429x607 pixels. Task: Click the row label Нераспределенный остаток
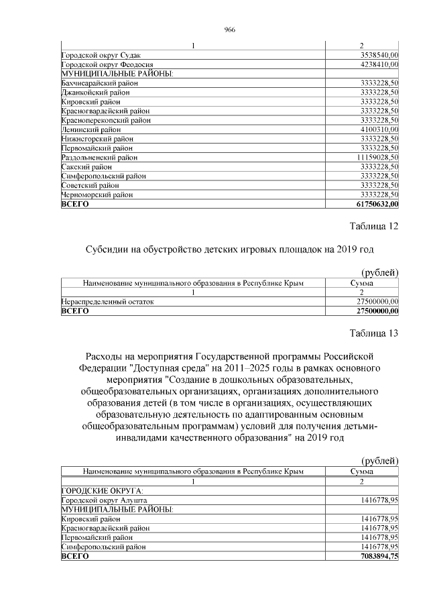coord(108,302)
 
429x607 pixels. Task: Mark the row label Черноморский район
coord(97,195)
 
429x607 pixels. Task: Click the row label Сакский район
coord(86,166)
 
